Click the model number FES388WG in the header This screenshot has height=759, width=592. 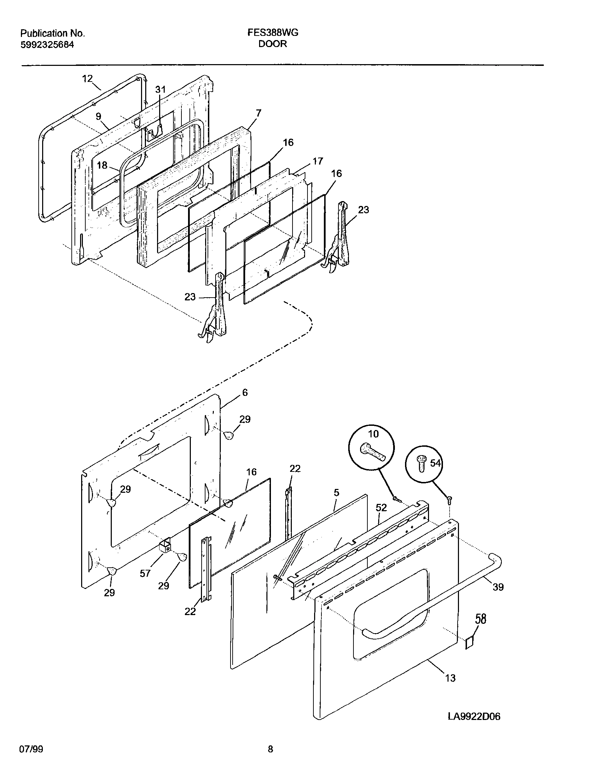point(273,33)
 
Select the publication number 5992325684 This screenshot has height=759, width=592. point(47,45)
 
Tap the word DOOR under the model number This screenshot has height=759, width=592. point(273,44)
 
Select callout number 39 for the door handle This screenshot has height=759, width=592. point(498,587)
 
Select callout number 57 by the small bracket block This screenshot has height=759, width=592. point(145,574)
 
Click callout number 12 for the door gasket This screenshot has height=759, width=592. point(87,78)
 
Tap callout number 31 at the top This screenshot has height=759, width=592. point(160,90)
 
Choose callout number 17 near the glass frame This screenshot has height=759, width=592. point(318,161)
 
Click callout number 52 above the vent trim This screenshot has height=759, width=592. point(381,508)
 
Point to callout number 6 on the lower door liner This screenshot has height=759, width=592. point(245,393)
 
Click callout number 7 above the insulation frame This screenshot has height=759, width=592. point(258,113)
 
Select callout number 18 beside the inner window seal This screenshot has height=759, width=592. point(102,165)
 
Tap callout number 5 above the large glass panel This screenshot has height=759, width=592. point(336,493)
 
